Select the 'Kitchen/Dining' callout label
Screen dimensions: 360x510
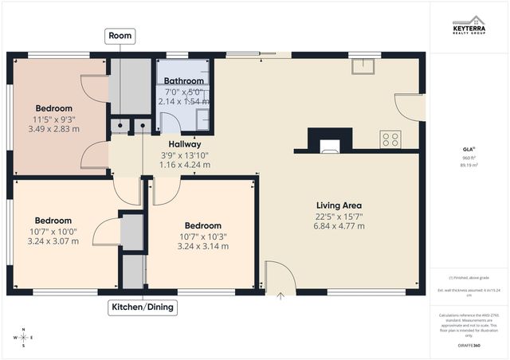[143, 307]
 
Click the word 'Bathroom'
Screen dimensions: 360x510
[184, 80]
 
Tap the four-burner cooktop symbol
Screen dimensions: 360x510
[390, 139]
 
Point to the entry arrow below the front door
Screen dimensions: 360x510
[280, 295]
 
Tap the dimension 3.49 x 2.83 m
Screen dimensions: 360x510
[53, 129]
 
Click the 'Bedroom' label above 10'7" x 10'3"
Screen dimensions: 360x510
[202, 225]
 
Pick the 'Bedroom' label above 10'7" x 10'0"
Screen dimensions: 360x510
[53, 220]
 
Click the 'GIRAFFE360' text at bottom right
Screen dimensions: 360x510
[469, 346]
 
